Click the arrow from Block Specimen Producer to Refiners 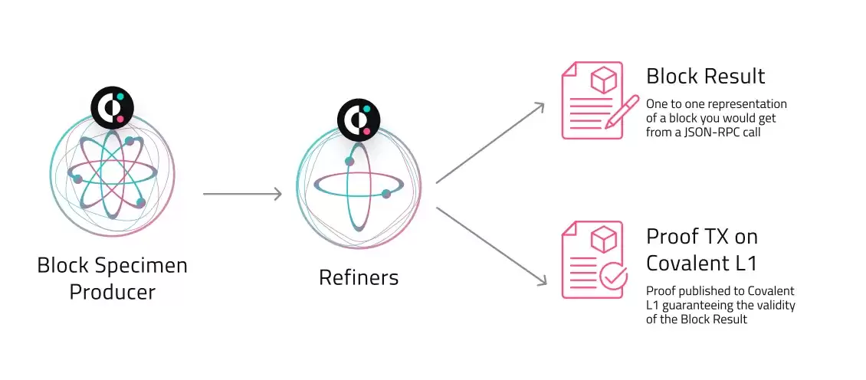pos(242,195)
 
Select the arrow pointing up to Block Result pos(490,142)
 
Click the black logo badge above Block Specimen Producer pos(113,108)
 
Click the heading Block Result pos(705,77)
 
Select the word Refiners pos(359,277)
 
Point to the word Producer pos(113,292)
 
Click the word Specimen pos(144,266)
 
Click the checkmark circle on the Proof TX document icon pos(614,277)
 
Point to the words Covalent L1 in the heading pos(701,263)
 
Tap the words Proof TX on pos(701,236)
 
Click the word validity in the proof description pos(774,306)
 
